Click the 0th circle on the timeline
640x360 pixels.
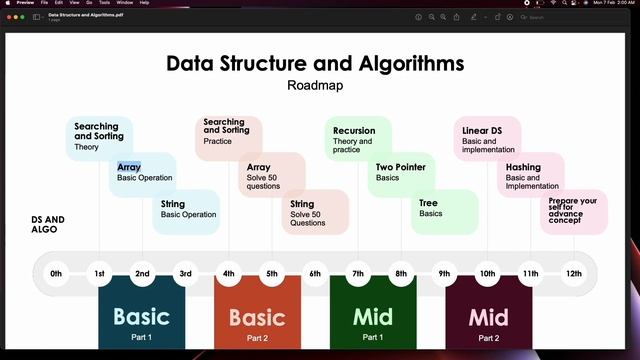56,274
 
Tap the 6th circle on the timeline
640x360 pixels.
315,274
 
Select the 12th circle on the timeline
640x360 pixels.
573,274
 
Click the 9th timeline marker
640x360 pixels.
444,274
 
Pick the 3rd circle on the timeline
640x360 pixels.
185,274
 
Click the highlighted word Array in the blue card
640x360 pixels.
129,167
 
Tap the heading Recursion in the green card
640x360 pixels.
354,131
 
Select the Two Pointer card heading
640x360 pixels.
401,167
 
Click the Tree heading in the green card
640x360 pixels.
428,203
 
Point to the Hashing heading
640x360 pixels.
523,167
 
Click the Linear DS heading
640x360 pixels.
482,131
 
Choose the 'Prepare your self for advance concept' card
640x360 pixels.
573,210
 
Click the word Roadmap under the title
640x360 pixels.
315,85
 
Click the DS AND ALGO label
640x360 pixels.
48,224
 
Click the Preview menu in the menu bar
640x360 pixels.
26,3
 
